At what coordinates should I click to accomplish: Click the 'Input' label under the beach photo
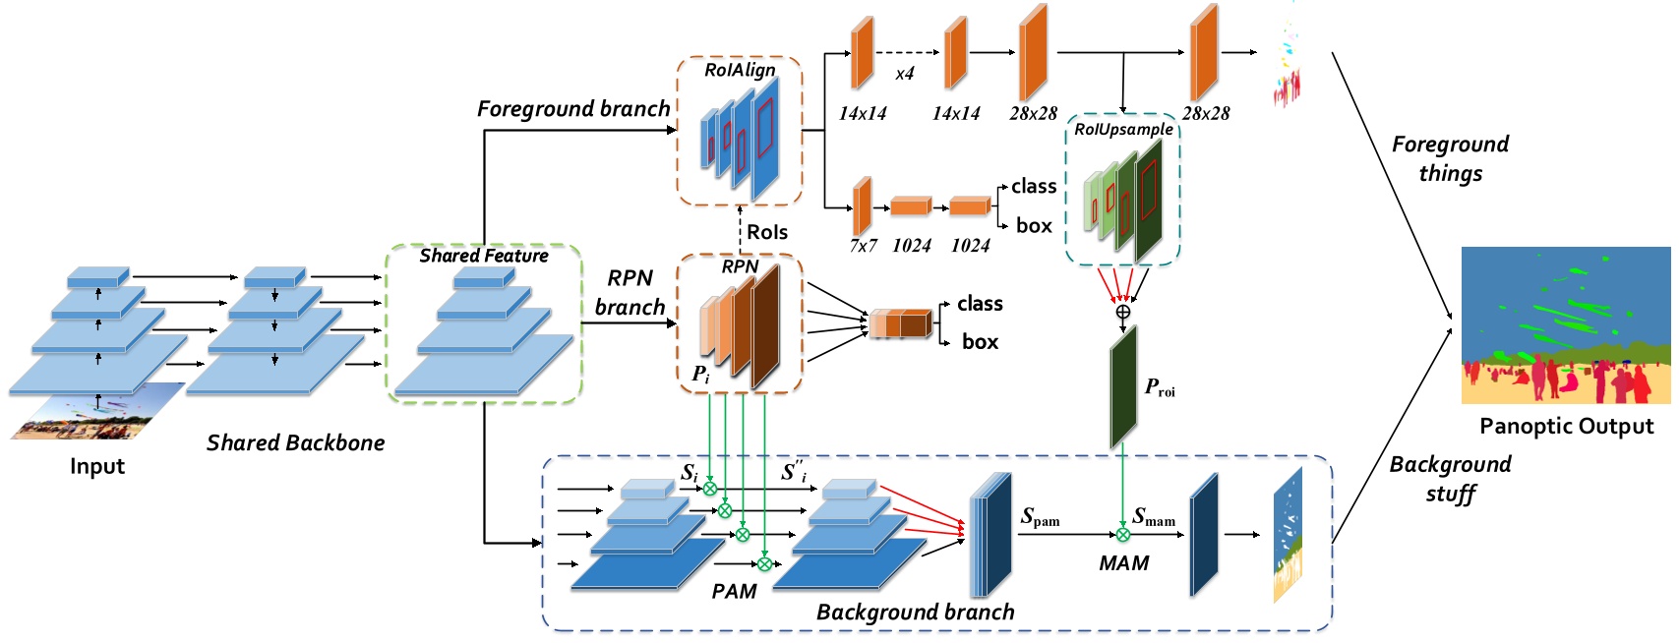tap(96, 466)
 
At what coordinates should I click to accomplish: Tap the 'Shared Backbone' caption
tap(295, 442)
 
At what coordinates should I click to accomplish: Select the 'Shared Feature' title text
tap(483, 256)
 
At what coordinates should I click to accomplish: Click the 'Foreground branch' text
tap(572, 109)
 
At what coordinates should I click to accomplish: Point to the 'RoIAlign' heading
tap(740, 70)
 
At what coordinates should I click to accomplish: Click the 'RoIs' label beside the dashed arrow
tap(767, 232)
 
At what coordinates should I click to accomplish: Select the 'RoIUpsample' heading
tap(1123, 130)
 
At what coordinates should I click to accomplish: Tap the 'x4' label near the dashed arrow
tap(904, 74)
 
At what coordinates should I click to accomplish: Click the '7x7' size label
tap(863, 246)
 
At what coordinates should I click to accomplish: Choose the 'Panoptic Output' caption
tap(1566, 426)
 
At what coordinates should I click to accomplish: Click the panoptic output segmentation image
tap(1565, 325)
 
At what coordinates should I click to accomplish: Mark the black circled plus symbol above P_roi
tap(1122, 312)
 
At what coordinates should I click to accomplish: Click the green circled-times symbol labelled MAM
tap(1122, 535)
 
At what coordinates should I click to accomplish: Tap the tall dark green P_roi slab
tap(1123, 388)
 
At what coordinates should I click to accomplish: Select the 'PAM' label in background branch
tap(734, 591)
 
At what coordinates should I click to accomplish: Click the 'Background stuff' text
tap(1450, 478)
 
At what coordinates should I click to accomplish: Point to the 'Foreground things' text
tap(1450, 158)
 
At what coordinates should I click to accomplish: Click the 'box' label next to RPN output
tap(980, 341)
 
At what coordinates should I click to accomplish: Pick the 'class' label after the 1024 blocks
tap(1033, 186)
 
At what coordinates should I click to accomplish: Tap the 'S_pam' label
tap(1040, 517)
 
